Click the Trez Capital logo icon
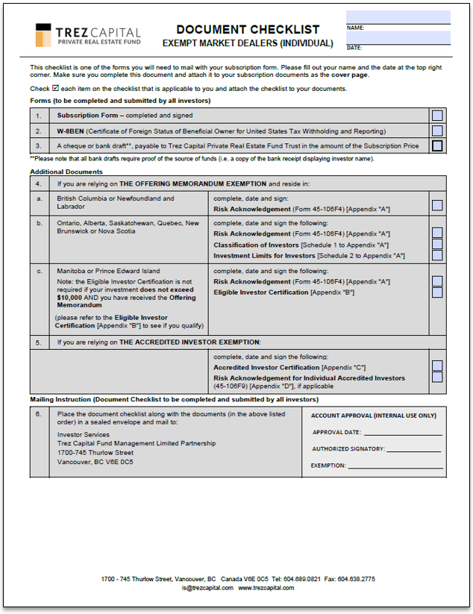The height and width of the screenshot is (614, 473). (x=43, y=35)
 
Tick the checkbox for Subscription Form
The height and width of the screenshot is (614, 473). (x=437, y=116)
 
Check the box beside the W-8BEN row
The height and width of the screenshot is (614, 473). (x=437, y=131)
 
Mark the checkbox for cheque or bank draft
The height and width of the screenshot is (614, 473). (x=437, y=145)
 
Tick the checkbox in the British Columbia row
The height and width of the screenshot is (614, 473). (x=437, y=205)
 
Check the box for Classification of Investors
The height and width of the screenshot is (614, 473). (x=437, y=244)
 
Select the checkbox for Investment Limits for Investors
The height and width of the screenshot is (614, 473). (x=437, y=255)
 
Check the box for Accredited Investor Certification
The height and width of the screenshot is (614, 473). (x=437, y=366)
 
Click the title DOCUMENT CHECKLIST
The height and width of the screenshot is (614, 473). (x=248, y=30)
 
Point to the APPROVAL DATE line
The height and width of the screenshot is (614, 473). (x=403, y=432)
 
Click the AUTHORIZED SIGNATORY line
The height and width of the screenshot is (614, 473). (x=415, y=449)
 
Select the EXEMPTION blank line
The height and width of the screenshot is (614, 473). (x=395, y=466)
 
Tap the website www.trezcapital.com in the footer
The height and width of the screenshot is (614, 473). (x=266, y=588)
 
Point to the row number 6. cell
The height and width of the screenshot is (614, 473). (x=39, y=415)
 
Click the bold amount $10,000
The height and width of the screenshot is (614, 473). (x=71, y=297)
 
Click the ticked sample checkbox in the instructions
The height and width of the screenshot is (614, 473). (x=55, y=88)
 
